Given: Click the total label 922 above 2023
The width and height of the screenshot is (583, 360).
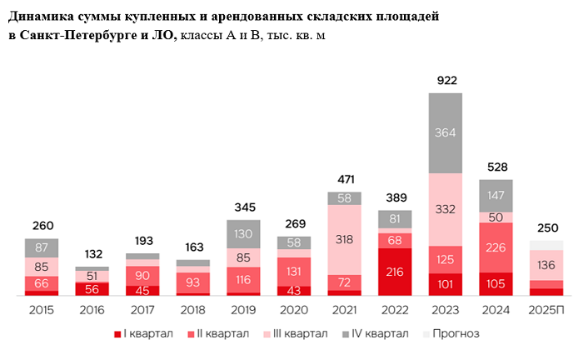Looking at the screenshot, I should point(445,80).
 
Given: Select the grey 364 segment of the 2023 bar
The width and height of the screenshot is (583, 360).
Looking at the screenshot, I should point(445,132).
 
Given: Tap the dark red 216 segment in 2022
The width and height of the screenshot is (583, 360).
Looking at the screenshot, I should point(395,272).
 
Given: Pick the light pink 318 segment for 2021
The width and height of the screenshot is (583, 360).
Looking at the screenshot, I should point(344,238).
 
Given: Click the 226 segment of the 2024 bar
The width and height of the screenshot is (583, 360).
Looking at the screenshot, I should point(496,247).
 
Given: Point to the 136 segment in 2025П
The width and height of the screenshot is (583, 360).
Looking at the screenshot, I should point(546,266).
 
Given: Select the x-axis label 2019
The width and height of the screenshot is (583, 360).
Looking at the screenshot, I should point(243,308).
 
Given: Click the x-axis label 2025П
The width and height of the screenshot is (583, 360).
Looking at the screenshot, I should point(546,308).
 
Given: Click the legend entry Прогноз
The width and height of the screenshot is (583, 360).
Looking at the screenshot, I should point(451,334).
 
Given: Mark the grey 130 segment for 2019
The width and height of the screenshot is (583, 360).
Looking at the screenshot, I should point(243,234).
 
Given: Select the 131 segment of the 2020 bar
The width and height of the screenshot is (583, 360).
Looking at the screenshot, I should point(294,272).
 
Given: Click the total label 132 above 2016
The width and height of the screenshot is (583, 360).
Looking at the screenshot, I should point(92,254).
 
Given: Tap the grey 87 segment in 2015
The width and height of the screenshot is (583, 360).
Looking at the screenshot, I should point(42,247).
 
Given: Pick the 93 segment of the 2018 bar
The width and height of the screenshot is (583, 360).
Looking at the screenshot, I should point(192,282).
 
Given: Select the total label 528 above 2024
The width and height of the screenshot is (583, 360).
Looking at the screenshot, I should point(496,167).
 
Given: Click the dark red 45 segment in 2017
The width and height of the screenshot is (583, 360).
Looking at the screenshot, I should point(142,291).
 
